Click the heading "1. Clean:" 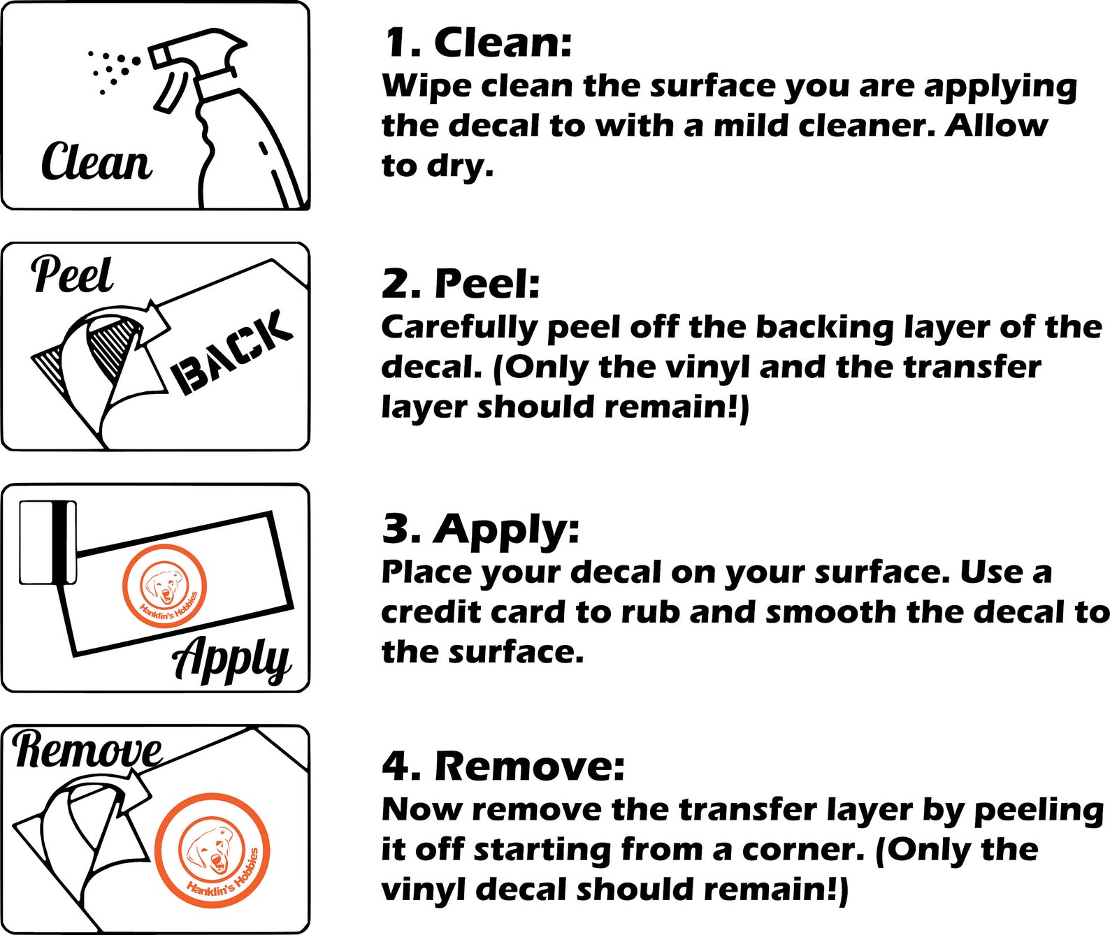pos(477,43)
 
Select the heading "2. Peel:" pos(461,284)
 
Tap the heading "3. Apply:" pos(481,530)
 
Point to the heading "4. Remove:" pos(503,767)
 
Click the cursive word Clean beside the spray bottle pos(96,161)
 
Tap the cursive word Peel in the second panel pos(72,275)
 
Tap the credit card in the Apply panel pos(48,543)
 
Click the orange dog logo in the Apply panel pos(164,590)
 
